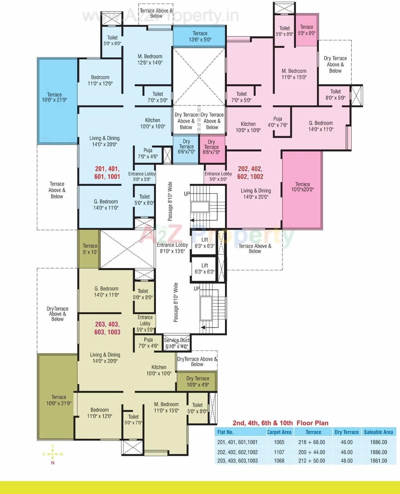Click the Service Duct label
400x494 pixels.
point(177,343)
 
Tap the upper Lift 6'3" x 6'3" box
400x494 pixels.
point(204,243)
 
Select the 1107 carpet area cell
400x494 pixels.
point(279,452)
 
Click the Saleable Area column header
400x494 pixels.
point(378,432)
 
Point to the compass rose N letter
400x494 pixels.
point(52,463)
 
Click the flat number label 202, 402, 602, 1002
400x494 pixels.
point(250,173)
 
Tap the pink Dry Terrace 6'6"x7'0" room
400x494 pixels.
point(212,147)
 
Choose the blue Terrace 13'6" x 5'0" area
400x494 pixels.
point(200,36)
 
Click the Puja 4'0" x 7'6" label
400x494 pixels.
point(277,122)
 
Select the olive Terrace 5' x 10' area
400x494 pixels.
point(90,249)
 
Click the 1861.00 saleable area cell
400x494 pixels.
point(378,461)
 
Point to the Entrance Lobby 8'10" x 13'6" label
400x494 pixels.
point(172,248)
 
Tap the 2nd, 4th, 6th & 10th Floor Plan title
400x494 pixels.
point(280,423)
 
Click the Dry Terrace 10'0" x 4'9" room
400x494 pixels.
point(197,382)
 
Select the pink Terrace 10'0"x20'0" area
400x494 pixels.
point(302,187)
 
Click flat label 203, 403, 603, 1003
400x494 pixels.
point(107,328)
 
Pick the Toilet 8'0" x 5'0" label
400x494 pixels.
point(335,94)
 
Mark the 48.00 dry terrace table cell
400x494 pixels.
point(346,461)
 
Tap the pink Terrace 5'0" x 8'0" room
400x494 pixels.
point(306,30)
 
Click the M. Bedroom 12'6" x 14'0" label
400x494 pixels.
point(150,59)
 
